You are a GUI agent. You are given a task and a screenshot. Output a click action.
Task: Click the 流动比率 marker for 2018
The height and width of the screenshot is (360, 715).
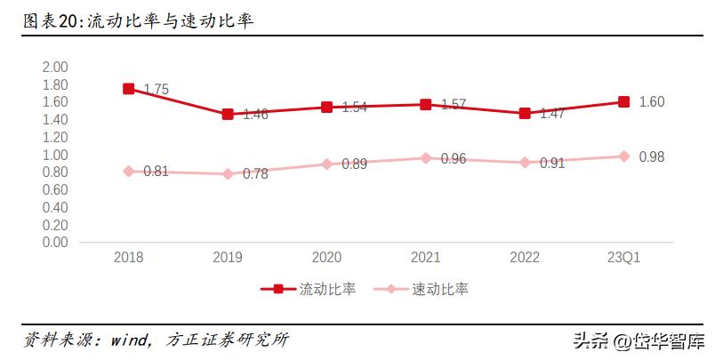tap(129, 89)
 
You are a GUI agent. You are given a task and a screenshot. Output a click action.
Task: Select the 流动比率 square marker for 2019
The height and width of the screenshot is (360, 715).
tap(228, 114)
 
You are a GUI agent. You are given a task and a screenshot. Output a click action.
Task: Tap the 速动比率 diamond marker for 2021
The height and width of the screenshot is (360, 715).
tap(426, 158)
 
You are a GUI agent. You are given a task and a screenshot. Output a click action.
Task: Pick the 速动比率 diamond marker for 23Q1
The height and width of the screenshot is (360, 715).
tap(624, 156)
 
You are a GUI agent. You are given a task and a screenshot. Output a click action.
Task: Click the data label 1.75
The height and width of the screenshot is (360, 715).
tap(156, 90)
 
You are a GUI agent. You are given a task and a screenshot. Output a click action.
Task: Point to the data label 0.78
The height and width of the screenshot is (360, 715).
tap(255, 174)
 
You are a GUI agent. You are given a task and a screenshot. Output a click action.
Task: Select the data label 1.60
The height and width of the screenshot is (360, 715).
tap(652, 102)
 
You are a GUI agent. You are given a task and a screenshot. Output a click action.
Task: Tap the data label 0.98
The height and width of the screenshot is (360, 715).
tap(652, 157)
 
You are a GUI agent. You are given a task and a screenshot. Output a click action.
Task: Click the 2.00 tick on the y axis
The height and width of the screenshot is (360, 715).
tap(55, 68)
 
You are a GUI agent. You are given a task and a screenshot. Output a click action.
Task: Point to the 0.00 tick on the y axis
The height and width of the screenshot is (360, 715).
tap(55, 242)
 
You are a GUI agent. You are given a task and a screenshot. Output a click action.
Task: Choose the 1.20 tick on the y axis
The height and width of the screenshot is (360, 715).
tap(55, 137)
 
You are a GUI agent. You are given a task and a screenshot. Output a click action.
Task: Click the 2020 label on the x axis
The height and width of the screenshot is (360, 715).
tap(326, 258)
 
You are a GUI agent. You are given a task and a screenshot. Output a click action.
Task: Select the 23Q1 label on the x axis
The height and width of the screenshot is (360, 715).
tap(623, 258)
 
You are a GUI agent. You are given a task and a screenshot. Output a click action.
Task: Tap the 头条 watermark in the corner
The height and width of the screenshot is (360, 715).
tap(591, 340)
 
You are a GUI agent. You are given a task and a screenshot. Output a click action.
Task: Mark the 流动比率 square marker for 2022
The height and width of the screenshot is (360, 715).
tap(525, 113)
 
